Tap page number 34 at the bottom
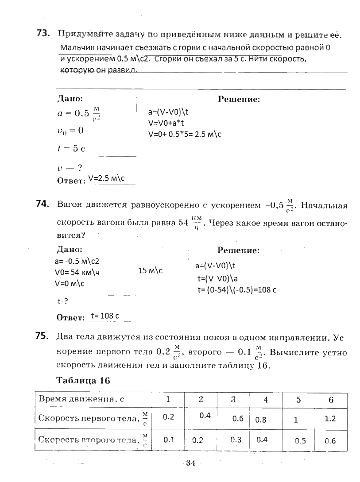pyautogui.click(x=191, y=463)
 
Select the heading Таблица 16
pyautogui.click(x=83, y=380)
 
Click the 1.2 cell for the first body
pyautogui.click(x=330, y=418)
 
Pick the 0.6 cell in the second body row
pyautogui.click(x=330, y=440)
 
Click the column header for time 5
pyautogui.click(x=298, y=399)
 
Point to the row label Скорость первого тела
pyautogui.click(x=89, y=418)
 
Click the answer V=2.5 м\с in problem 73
pyautogui.click(x=107, y=179)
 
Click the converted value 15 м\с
pyautogui.click(x=151, y=270)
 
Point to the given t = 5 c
pyautogui.click(x=71, y=149)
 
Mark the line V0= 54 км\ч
pyautogui.click(x=77, y=272)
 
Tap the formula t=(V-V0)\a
pyautogui.click(x=218, y=278)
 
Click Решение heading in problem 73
pyautogui.click(x=239, y=100)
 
